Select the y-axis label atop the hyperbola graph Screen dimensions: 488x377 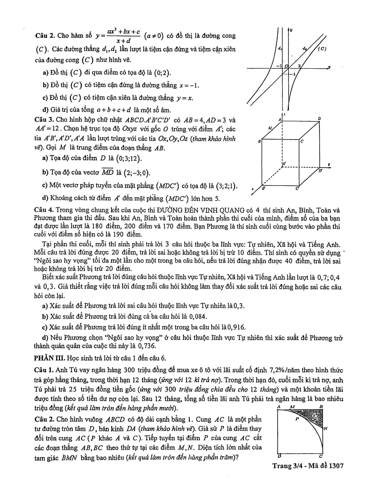point(291,30)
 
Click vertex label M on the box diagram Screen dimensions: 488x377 point(270,128)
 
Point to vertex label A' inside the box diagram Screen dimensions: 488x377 point(284,164)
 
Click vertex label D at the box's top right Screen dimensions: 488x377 point(319,119)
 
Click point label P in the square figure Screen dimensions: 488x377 point(297,419)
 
